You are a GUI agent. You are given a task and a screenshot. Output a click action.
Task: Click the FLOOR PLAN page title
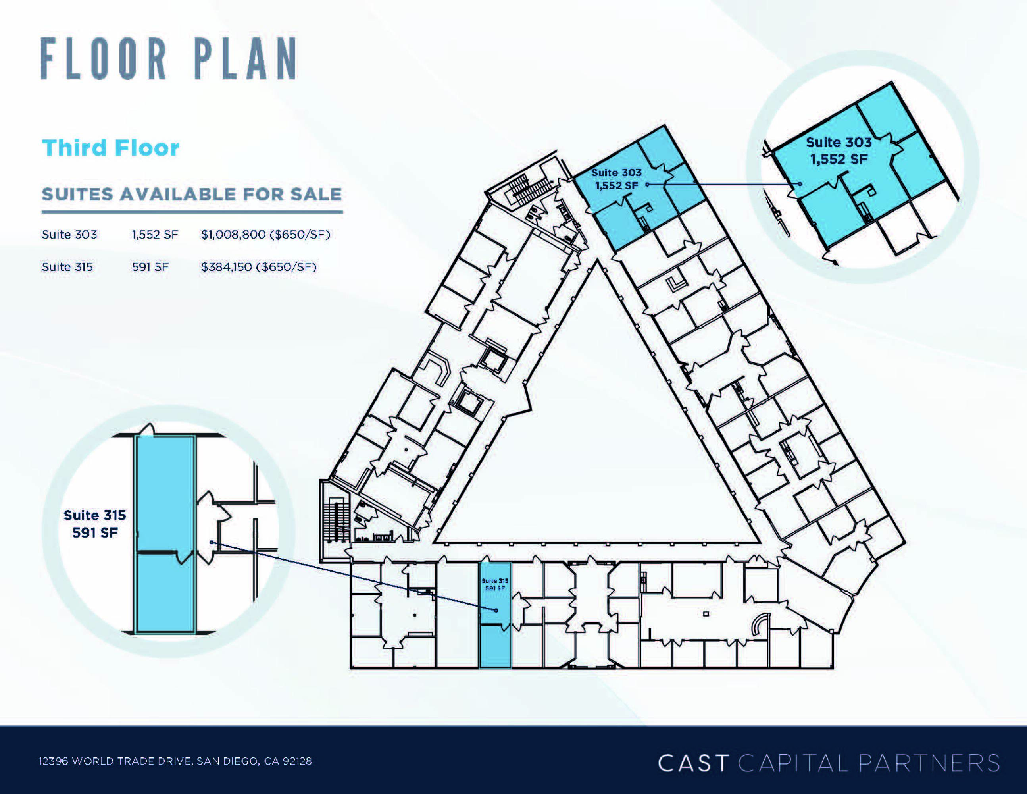pos(168,59)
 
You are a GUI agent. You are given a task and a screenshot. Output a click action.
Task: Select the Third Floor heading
pos(111,148)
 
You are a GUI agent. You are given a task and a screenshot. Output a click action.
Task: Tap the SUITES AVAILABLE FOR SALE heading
pos(191,194)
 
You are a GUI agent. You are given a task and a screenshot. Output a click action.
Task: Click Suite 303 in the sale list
pos(69,234)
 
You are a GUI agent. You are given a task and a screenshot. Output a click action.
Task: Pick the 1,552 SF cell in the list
pos(155,234)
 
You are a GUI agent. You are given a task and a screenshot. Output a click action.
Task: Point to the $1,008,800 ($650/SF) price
pos(266,234)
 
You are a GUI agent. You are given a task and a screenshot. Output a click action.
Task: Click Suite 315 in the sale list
pos(67,267)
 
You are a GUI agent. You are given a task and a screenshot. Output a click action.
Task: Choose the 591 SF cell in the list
pos(150,267)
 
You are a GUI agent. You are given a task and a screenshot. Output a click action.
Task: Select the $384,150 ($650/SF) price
pos(259,267)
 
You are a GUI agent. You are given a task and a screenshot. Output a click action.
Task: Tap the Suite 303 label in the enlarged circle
pos(839,150)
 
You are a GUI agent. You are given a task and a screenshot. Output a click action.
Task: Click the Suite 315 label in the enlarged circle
pos(95,524)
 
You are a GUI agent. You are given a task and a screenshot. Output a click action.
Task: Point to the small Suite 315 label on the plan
pos(495,585)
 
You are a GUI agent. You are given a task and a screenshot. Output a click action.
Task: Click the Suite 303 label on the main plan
pos(617,179)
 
